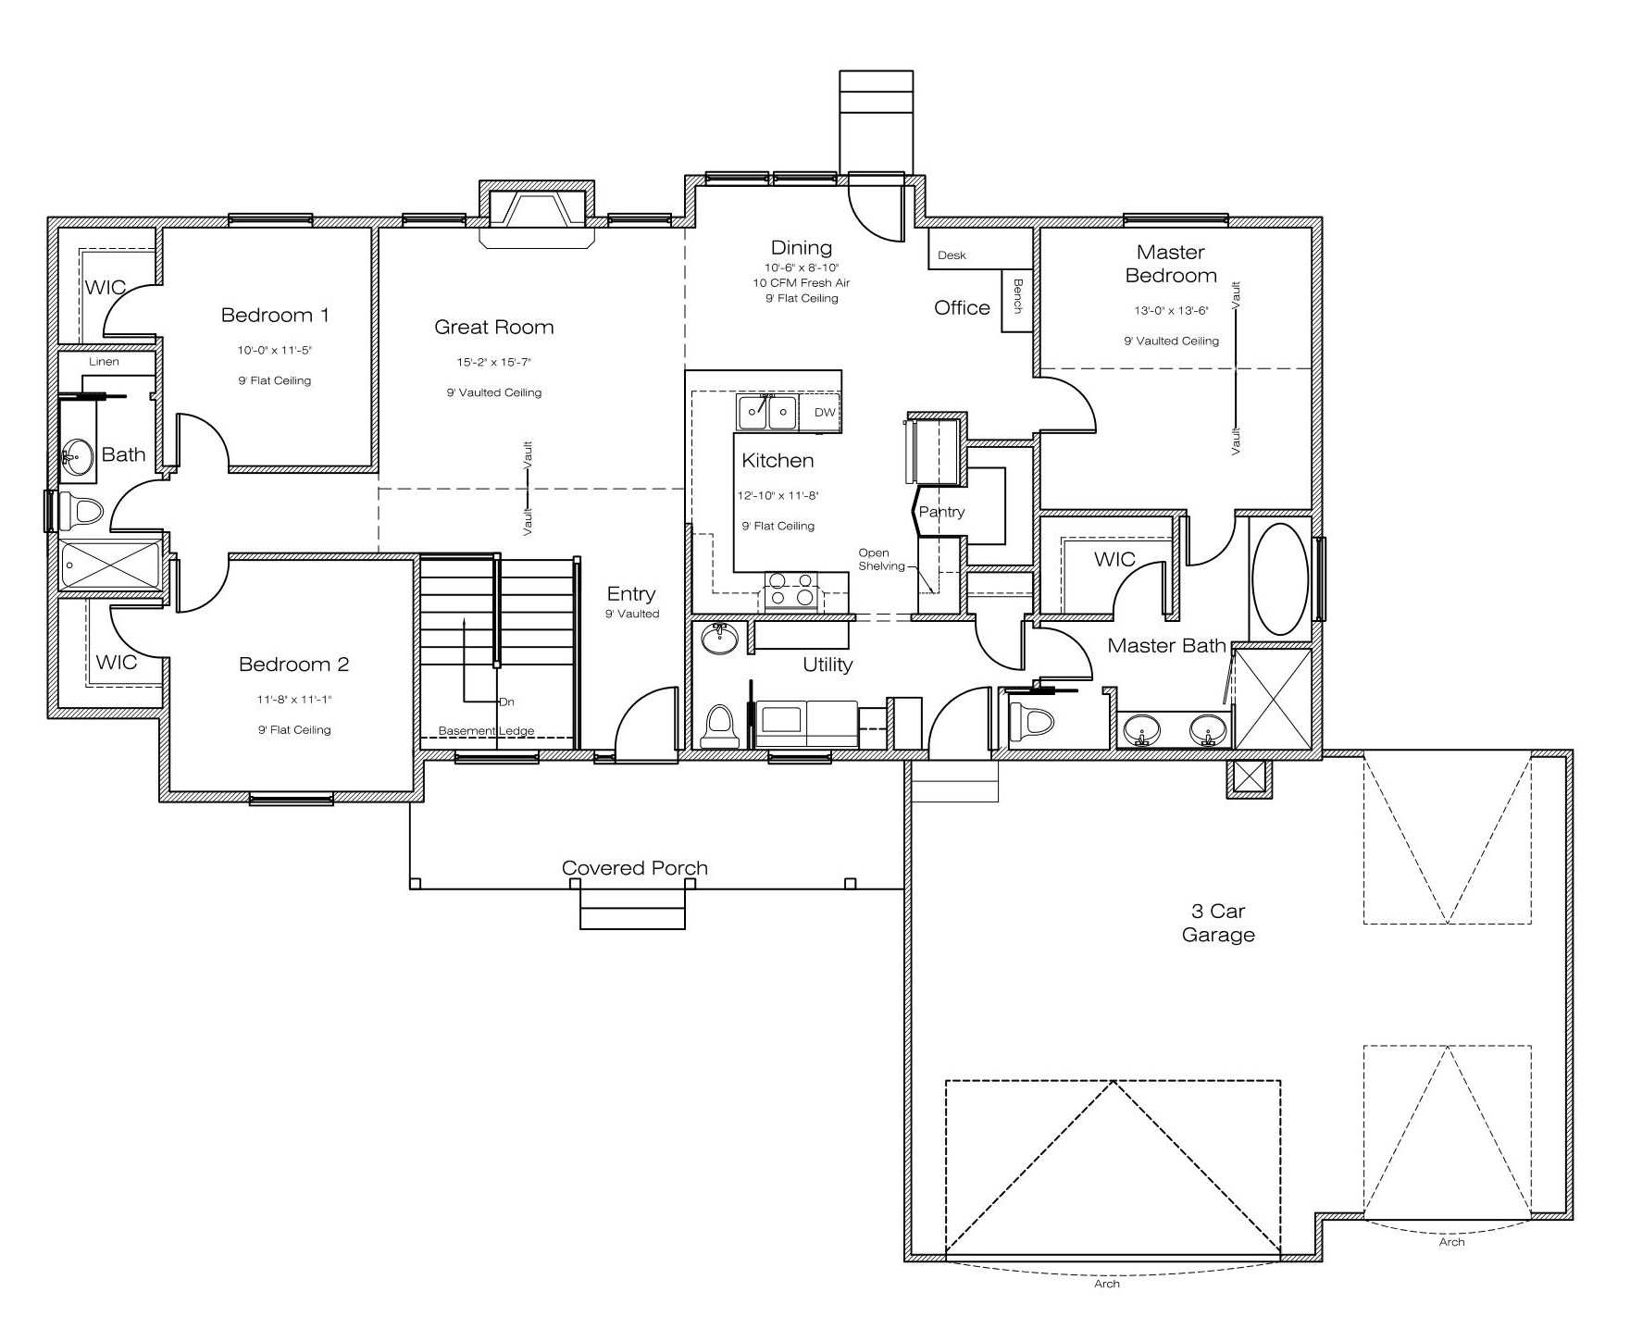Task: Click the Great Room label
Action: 494,327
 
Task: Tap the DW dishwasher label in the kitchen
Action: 824,413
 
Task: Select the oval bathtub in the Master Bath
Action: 1280,579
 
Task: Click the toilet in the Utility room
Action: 720,726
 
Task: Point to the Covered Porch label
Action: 635,868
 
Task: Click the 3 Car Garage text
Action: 1218,923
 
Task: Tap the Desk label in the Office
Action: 952,255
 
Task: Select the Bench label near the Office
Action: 1018,295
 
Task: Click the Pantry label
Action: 941,512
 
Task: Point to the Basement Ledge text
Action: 486,731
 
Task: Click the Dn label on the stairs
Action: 506,702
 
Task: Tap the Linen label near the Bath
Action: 105,362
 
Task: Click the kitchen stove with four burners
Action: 792,590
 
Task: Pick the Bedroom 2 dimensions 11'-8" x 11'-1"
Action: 294,700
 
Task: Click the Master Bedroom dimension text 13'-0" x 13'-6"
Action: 1171,311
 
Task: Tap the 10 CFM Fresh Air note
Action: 802,283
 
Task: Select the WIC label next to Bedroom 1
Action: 106,287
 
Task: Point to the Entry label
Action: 631,594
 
